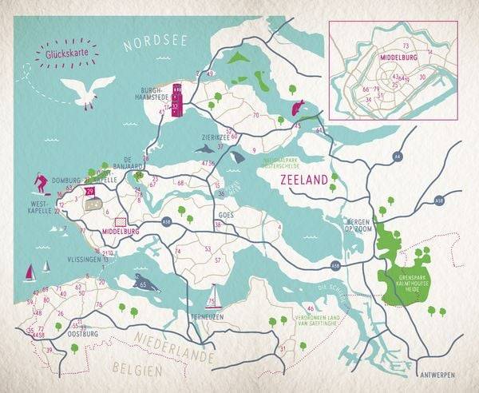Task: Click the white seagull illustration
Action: pyautogui.click(x=87, y=89)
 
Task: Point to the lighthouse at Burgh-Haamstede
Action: pyautogui.click(x=178, y=100)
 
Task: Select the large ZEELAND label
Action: pyautogui.click(x=304, y=181)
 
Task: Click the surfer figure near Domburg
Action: pyautogui.click(x=41, y=184)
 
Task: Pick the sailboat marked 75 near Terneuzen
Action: pyautogui.click(x=212, y=296)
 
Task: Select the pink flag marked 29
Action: pyautogui.click(x=90, y=192)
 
